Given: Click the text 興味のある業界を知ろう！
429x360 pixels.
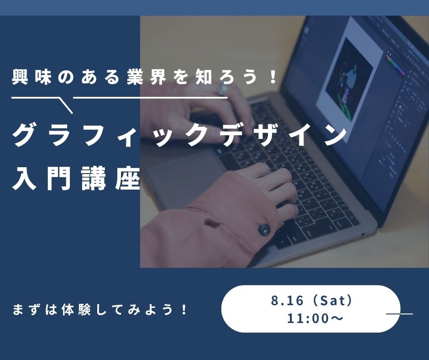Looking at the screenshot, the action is pos(144,77).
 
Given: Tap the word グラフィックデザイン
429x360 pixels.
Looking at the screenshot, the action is pos(179,135).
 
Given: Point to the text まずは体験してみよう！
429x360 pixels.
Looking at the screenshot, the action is pos(100,310).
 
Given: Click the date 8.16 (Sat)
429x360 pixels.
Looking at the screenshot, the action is pos(311,301).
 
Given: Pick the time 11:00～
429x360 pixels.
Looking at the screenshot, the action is pos(315,318).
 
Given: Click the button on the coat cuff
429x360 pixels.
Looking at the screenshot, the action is pos(263,229).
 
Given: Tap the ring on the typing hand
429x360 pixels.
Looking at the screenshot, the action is pos(222,89).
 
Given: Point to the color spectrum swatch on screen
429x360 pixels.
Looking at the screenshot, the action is pos(395,66).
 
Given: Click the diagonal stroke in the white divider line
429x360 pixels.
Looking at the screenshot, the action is pos(66,105).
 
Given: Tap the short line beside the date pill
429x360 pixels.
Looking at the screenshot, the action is pos(399,314).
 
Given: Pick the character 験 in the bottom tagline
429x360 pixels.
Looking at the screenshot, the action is pos(84,310).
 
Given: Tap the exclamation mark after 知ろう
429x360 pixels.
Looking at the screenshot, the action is pos(272,77).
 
